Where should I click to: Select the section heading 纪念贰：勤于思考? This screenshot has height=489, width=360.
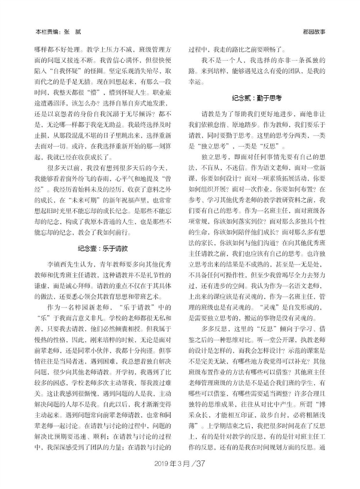click(x=257, y=98)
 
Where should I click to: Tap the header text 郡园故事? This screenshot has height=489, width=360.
click(x=314, y=32)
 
